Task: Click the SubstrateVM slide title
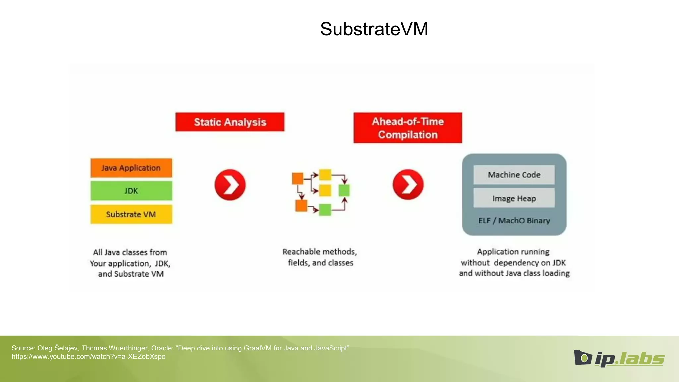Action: coord(374,29)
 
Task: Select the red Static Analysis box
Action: coord(230,122)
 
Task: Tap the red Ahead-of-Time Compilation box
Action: coord(407,128)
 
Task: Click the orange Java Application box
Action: coord(131,168)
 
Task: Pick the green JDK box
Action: coord(131,191)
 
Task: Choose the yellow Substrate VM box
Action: coord(131,214)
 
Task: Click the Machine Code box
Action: coord(514,175)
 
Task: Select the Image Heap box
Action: coord(514,198)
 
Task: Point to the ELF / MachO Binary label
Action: coord(514,221)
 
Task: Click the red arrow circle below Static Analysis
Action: coord(230,185)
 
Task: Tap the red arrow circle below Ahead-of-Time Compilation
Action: coord(408,184)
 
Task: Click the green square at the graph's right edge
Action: coord(344,191)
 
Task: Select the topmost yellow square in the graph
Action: coord(325,175)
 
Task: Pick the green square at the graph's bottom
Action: coord(325,210)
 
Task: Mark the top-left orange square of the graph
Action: coord(298,178)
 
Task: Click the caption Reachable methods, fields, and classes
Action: coord(320,257)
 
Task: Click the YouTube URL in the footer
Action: coord(89,357)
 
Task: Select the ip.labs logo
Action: coord(619,358)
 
